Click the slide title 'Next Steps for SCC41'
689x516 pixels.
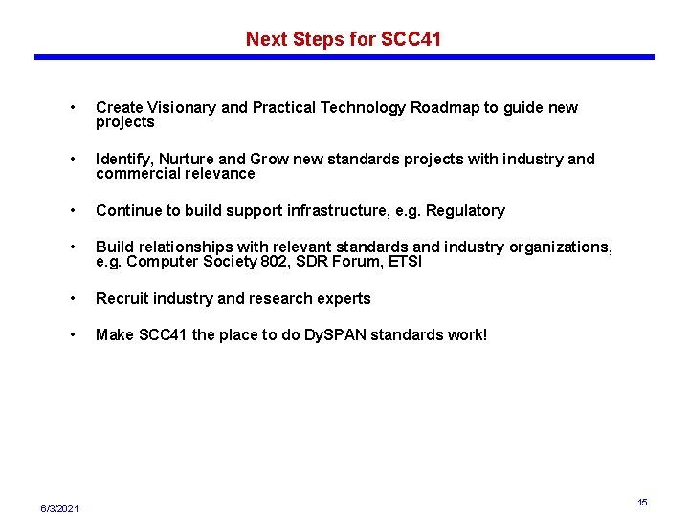344,39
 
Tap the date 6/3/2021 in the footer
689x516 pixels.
60,506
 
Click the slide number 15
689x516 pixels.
643,502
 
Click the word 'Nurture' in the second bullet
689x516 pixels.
189,160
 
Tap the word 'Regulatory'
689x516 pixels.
465,211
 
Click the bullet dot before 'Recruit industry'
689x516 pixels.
74,299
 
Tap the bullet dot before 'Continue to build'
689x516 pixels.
74,211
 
